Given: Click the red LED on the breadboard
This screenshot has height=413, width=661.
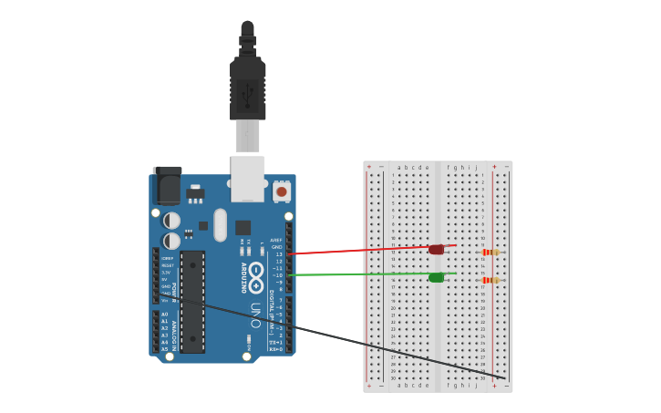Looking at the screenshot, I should click(x=437, y=249).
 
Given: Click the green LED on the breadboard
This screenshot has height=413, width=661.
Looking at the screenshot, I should click(x=437, y=277).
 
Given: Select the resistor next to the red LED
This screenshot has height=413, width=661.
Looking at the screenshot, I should click(x=491, y=253).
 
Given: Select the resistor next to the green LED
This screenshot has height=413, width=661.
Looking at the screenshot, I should click(x=491, y=280).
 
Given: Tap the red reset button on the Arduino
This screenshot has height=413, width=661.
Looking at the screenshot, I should click(x=282, y=191).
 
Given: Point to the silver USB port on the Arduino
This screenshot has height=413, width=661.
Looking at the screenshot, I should click(x=248, y=178).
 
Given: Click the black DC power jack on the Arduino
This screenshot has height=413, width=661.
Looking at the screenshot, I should click(x=168, y=186).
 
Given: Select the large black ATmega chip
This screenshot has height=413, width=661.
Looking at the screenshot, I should click(x=192, y=302).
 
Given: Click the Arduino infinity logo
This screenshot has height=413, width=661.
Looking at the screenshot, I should click(x=256, y=272).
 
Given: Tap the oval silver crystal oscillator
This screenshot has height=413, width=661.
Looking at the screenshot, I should click(x=220, y=225).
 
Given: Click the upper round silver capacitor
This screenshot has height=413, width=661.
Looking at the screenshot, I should click(x=171, y=221).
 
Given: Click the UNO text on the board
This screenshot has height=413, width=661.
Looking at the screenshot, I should click(x=256, y=315).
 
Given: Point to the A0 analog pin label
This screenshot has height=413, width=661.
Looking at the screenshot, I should click(x=165, y=315).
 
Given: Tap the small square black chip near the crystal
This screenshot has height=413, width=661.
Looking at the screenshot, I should click(x=243, y=228).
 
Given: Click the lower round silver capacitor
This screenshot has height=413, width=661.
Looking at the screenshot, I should click(x=171, y=242).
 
